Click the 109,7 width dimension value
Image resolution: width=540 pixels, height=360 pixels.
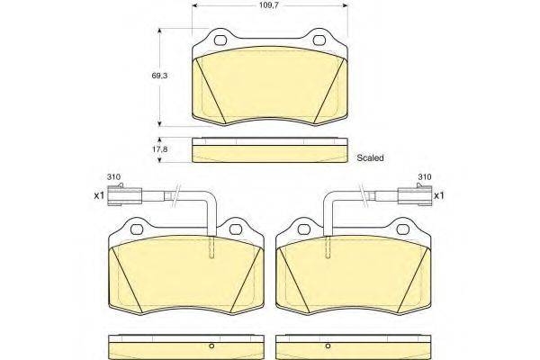269,5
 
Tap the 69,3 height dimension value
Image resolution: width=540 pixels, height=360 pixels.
159,76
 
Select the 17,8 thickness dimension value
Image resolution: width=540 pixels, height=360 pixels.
159,150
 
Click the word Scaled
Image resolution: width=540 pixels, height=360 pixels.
370,158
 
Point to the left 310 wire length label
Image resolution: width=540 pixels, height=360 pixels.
113,177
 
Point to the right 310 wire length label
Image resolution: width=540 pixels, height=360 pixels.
424,177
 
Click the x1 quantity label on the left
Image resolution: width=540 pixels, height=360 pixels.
99,195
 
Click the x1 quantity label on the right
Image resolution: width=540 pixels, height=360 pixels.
439,195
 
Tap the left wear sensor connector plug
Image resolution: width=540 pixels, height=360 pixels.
124,195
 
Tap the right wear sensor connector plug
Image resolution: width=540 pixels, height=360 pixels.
415,195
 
